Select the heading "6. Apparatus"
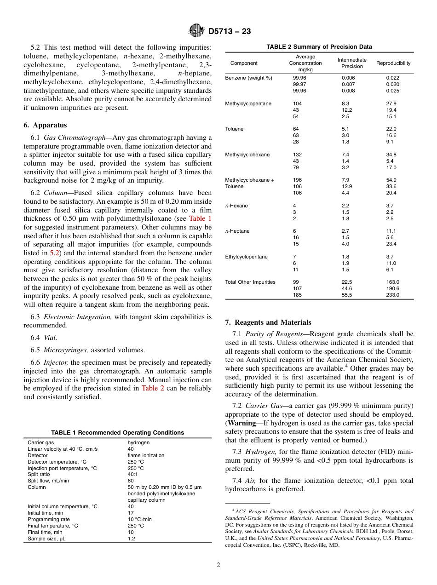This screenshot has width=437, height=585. pos(45,125)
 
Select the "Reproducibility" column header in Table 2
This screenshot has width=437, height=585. pos(393,63)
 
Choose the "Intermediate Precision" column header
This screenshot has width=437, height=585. pos(352,63)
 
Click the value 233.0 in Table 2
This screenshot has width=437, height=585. pos(392,295)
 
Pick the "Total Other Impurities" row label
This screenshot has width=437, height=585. pos(250,282)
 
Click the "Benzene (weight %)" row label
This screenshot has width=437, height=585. pos(248,78)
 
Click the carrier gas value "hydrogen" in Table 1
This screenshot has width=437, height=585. pos(138,442)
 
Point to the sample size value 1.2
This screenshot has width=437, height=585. pos(131,539)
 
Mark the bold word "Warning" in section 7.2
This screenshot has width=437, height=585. pos(242,423)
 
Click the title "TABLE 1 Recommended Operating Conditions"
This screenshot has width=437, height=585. pos(117,433)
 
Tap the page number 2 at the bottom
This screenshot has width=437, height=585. pos(218,565)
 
